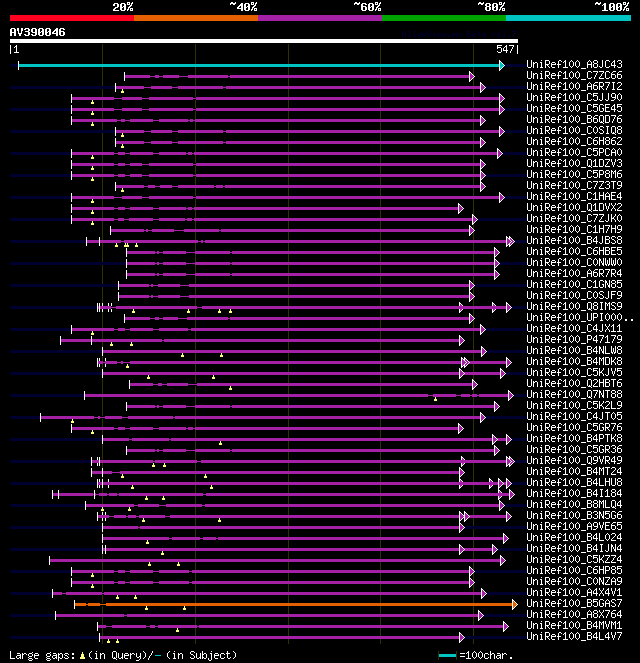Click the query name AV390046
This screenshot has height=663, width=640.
pyautogui.click(x=38, y=32)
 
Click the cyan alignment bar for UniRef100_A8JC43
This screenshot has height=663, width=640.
pyautogui.click(x=260, y=65)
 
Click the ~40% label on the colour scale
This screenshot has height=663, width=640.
pyautogui.click(x=243, y=7)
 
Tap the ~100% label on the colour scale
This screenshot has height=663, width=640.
pyautogui.click(x=611, y=7)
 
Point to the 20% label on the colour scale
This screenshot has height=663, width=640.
pyautogui.click(x=122, y=7)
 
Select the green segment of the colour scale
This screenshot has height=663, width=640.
pyautogui.click(x=443, y=17)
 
